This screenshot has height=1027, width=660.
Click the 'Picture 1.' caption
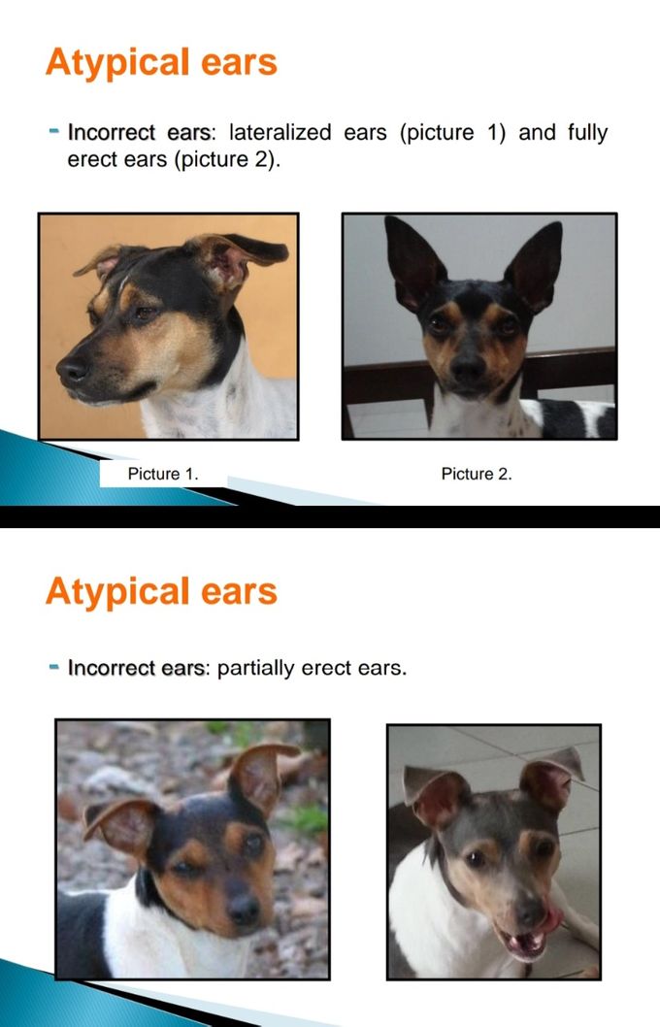pyautogui.click(x=163, y=474)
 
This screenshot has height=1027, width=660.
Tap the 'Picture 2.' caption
pyautogui.click(x=477, y=474)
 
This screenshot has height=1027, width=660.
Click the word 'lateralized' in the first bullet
pyautogui.click(x=280, y=132)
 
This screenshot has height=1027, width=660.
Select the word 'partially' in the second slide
pyautogui.click(x=255, y=668)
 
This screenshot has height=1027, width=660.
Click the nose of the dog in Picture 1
pyautogui.click(x=72, y=371)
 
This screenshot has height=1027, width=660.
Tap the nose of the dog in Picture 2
pyautogui.click(x=469, y=368)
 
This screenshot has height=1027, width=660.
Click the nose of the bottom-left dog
pyautogui.click(x=243, y=909)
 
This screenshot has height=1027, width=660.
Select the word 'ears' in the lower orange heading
pyautogui.click(x=239, y=592)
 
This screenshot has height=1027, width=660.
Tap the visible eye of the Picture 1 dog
pyautogui.click(x=145, y=314)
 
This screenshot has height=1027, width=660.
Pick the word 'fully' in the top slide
pyautogui.click(x=588, y=132)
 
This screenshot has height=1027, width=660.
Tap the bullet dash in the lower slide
pyautogui.click(x=54, y=666)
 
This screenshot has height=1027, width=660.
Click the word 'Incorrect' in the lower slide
pyautogui.click(x=112, y=668)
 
